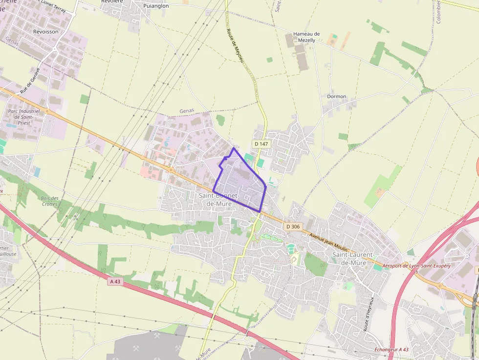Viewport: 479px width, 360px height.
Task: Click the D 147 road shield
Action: (261, 144)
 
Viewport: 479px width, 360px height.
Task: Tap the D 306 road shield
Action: (293, 227)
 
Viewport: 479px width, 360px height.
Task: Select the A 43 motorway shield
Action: (115, 282)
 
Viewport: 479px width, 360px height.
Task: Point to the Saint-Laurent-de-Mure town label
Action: (353, 259)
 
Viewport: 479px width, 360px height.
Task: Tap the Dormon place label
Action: (336, 96)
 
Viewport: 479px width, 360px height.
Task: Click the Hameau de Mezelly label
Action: (306, 37)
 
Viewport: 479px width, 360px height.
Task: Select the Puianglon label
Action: (156, 6)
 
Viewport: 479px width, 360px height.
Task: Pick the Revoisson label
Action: (45, 31)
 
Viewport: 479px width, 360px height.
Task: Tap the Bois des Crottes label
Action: (50, 201)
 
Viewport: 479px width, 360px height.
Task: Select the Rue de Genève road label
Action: (30, 81)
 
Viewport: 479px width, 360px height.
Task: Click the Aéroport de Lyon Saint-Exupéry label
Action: (416, 266)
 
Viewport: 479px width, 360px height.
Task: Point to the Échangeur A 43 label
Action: (391, 349)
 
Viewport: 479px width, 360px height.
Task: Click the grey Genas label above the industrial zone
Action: (187, 111)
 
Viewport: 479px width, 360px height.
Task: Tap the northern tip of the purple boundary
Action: (233, 148)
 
